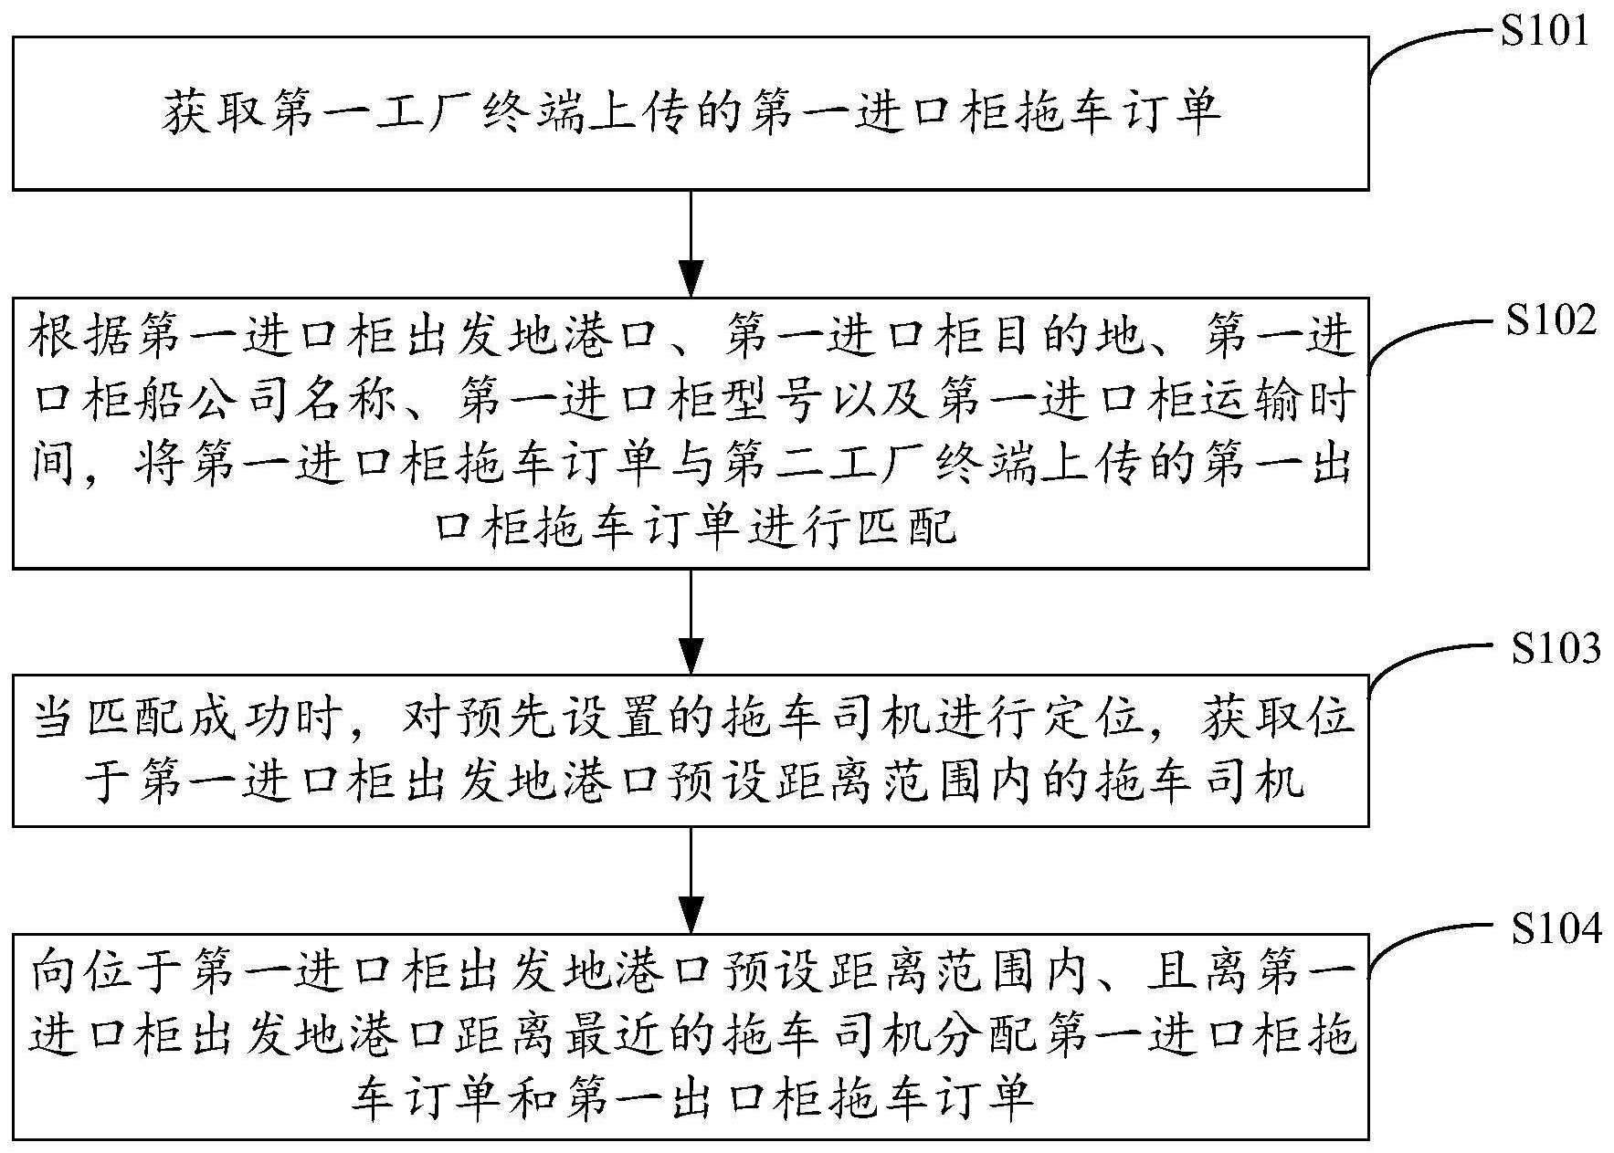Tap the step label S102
coord(1551,321)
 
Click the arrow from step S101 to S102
coord(691,244)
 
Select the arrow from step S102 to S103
coord(691,622)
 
